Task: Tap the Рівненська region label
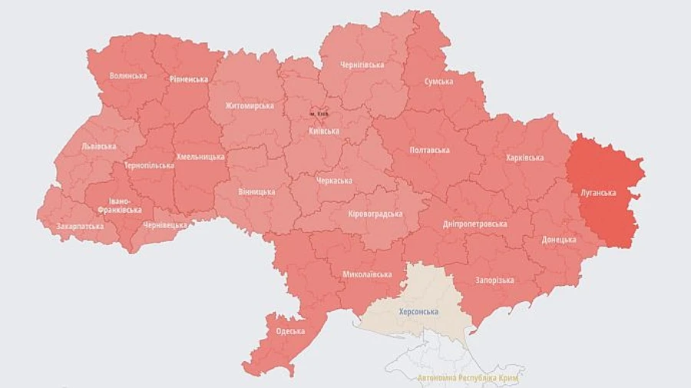pyautogui.click(x=188, y=78)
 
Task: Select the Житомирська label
pyautogui.click(x=250, y=105)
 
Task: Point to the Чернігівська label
pyautogui.click(x=362, y=65)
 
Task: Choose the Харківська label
pyautogui.click(x=524, y=158)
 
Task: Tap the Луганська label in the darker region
pyautogui.click(x=599, y=193)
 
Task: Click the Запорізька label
pyautogui.click(x=494, y=280)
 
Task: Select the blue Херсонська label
pyautogui.click(x=418, y=311)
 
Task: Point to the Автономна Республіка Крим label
pyautogui.click(x=468, y=379)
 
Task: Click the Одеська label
pyautogui.click(x=290, y=331)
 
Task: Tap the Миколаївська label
pyautogui.click(x=362, y=274)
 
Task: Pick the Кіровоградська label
pyautogui.click(x=375, y=213)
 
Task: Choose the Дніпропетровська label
pyautogui.click(x=475, y=224)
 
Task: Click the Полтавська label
pyautogui.click(x=430, y=149)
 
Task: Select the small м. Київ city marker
pyautogui.click(x=319, y=114)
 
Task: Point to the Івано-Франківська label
pyautogui.click(x=119, y=205)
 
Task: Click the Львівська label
pyautogui.click(x=98, y=146)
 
